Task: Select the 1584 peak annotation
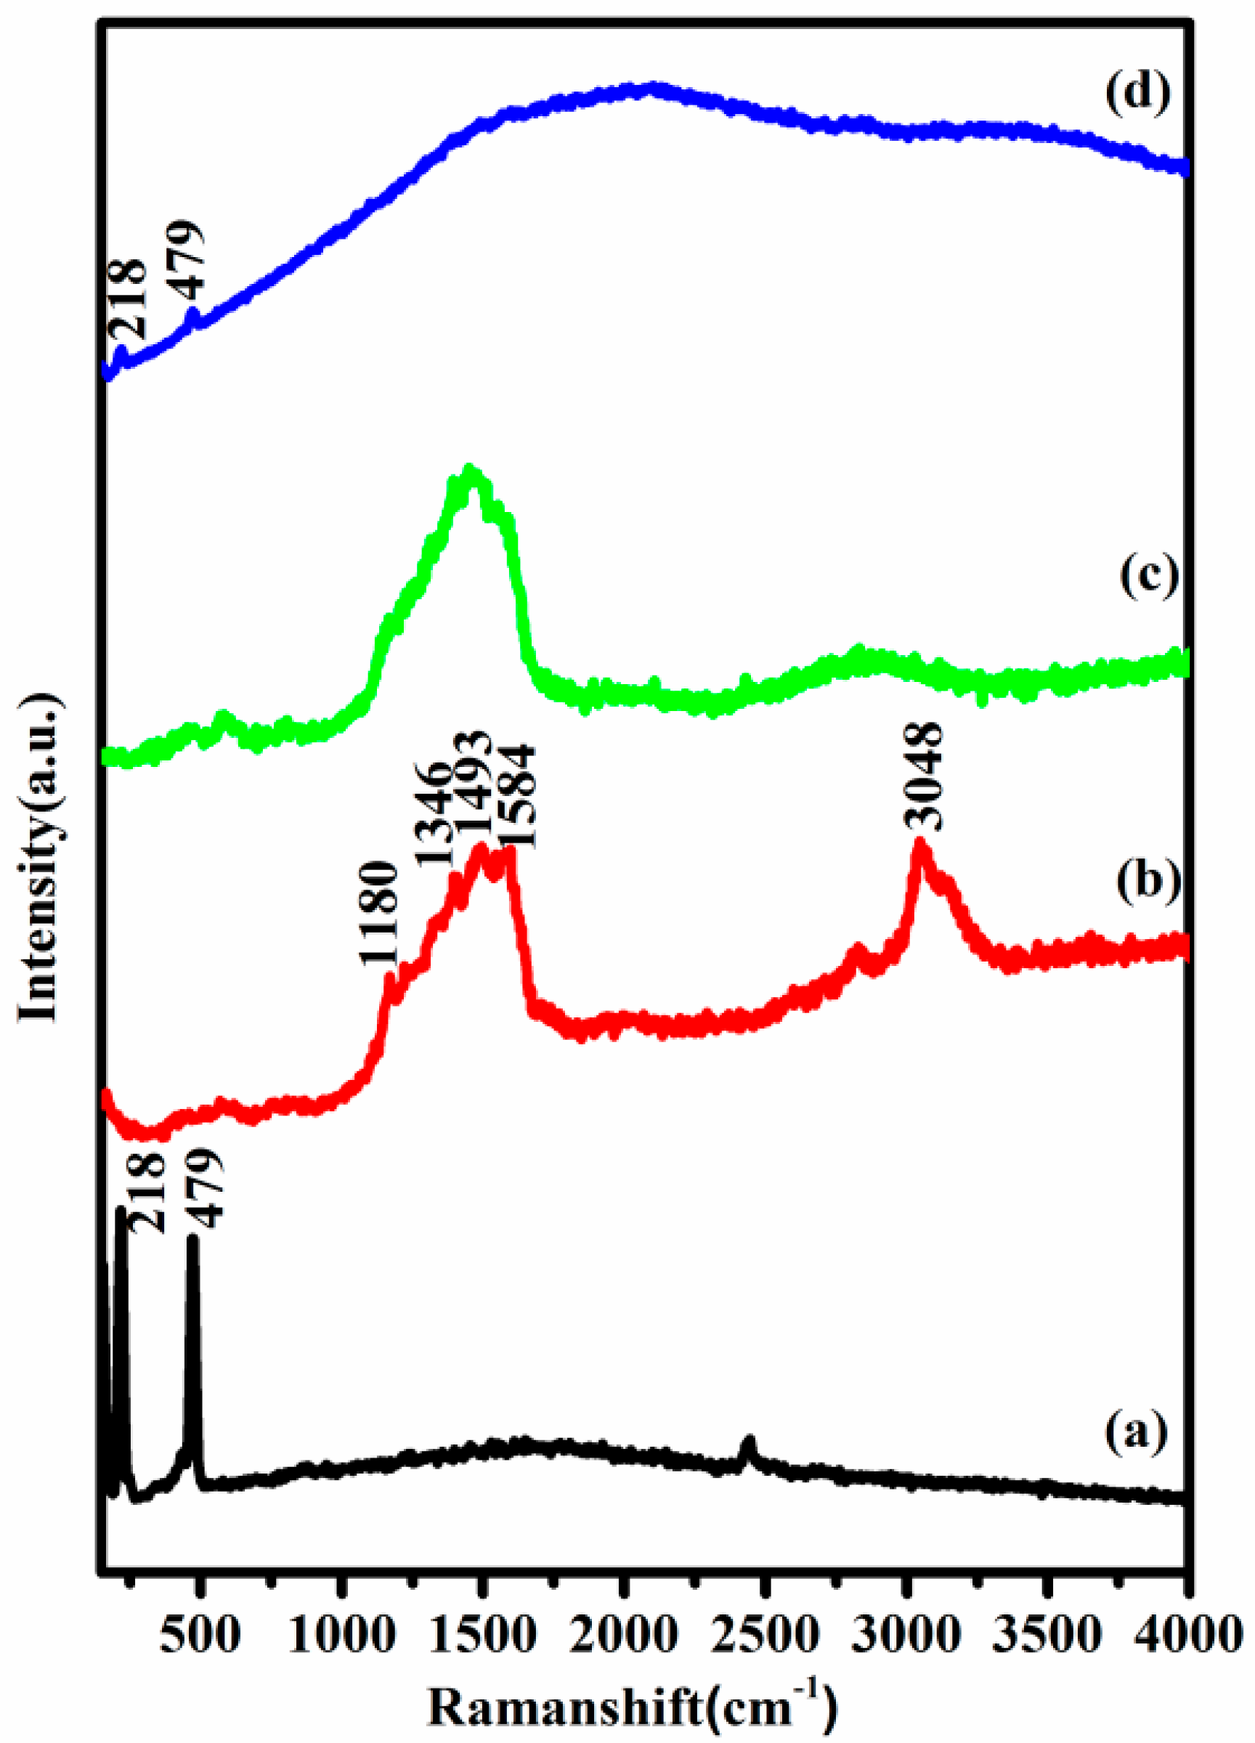[x=517, y=795]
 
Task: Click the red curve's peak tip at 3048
[x=919, y=843]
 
